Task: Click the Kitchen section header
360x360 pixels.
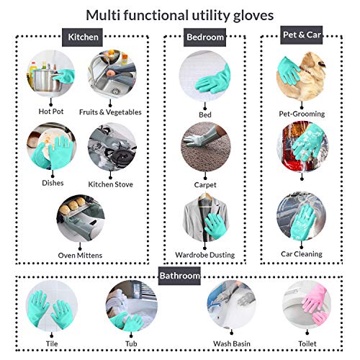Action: [84, 37]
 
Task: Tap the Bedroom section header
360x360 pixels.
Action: [204, 36]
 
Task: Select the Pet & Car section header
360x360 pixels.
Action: [301, 34]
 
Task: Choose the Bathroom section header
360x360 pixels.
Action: [179, 275]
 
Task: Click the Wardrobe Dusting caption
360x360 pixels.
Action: [204, 255]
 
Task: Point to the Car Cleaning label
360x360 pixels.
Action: [302, 253]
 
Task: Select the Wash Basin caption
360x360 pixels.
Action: [231, 343]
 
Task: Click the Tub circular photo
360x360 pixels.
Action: [131, 308]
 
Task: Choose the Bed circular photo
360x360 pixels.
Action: [204, 76]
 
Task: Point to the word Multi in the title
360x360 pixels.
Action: [106, 14]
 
